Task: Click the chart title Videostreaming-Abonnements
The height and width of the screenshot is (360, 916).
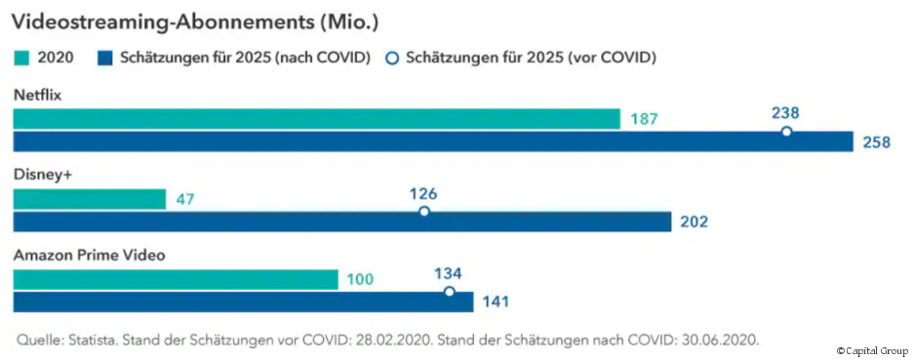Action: (196, 21)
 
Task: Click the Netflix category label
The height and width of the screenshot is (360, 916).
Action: (38, 95)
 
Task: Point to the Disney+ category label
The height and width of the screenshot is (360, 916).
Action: (42, 174)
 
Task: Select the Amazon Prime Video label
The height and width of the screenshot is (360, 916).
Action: (89, 255)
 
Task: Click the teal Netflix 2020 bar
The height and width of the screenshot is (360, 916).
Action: (316, 119)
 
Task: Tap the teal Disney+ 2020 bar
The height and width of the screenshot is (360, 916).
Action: (89, 199)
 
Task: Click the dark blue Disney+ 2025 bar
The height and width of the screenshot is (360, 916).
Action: (341, 221)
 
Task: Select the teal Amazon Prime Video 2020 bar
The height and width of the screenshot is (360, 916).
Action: (175, 280)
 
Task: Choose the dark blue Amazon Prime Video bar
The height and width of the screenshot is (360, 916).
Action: (243, 301)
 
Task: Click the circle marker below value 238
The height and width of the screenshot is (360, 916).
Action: (786, 131)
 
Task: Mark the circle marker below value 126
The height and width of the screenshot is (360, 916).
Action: (423, 211)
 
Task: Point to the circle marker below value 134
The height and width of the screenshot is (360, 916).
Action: (449, 291)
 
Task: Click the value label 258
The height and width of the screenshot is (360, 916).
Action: (876, 142)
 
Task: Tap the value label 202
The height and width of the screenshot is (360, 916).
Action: (693, 222)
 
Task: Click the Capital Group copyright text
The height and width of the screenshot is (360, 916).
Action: (871, 350)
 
